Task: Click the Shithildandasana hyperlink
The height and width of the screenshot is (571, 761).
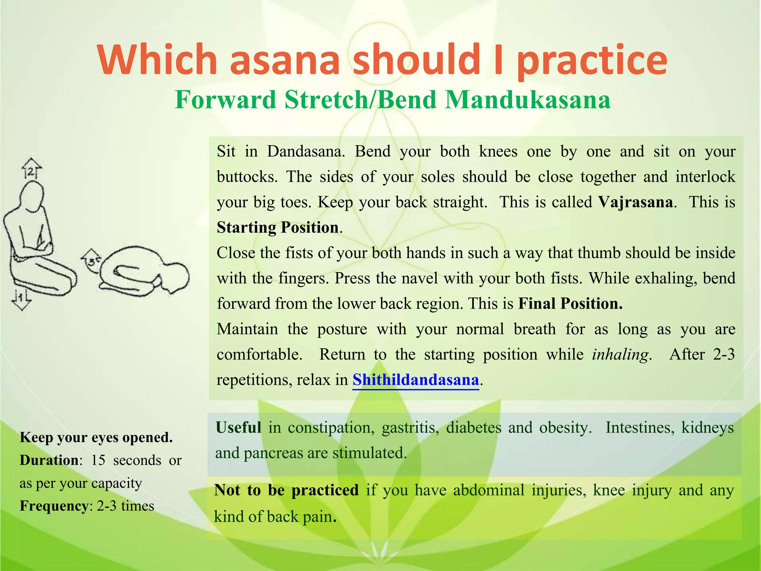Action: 415,380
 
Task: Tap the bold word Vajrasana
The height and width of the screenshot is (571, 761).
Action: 635,202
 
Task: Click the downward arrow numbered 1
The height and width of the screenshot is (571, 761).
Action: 21,299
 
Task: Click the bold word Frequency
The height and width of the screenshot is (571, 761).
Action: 53,506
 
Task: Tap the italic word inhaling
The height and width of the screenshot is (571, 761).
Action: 620,354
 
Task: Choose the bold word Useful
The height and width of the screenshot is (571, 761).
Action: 238,428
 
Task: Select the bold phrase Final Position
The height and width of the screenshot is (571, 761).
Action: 570,304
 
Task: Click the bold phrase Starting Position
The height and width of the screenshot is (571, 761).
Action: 278,228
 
